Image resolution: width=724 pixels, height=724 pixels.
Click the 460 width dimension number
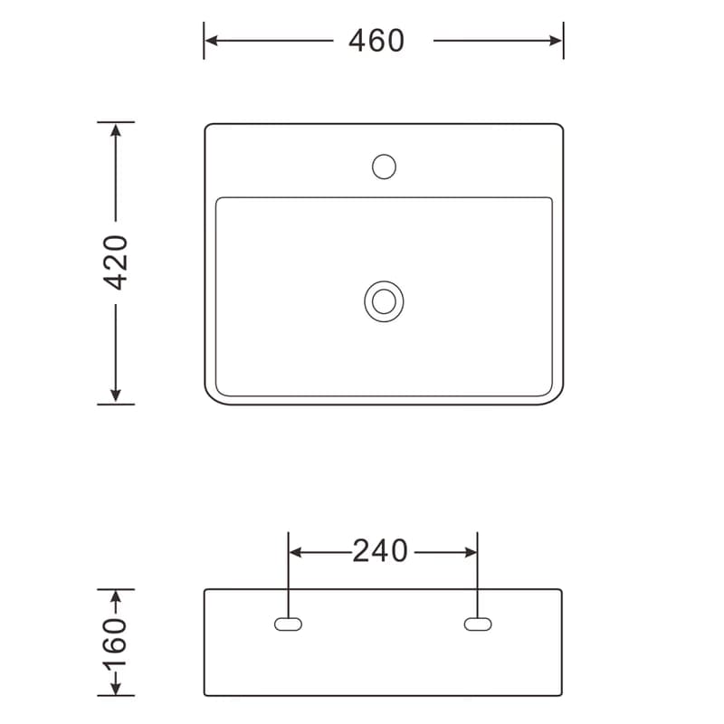[x=376, y=41]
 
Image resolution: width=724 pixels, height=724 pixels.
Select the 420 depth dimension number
[x=116, y=262]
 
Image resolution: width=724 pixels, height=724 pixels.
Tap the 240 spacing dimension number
[x=380, y=551]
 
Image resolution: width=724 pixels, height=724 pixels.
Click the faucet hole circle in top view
[x=384, y=167]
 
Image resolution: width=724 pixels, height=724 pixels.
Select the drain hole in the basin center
[x=384, y=301]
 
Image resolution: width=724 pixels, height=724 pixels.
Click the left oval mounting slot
[x=288, y=624]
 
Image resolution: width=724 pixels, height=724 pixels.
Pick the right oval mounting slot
[x=478, y=624]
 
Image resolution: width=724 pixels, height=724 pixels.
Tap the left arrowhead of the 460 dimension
[x=211, y=41]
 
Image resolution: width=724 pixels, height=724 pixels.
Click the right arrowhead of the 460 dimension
[x=556, y=41]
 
